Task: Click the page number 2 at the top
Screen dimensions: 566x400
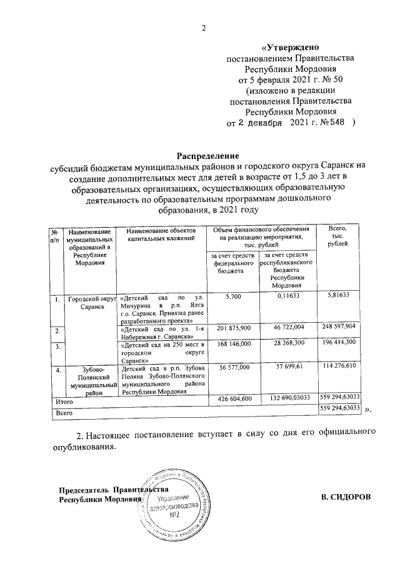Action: tap(204, 28)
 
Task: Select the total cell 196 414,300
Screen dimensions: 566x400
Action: tap(338, 343)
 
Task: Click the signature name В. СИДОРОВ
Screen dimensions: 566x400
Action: tap(345, 497)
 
